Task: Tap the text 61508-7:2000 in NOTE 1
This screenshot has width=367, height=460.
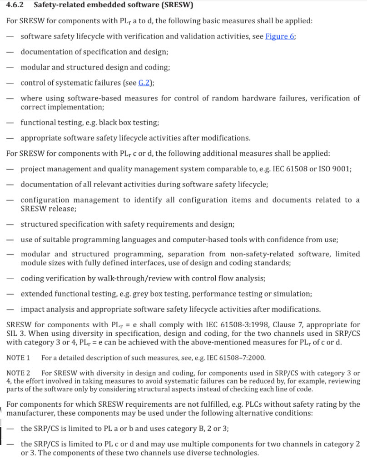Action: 246,358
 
